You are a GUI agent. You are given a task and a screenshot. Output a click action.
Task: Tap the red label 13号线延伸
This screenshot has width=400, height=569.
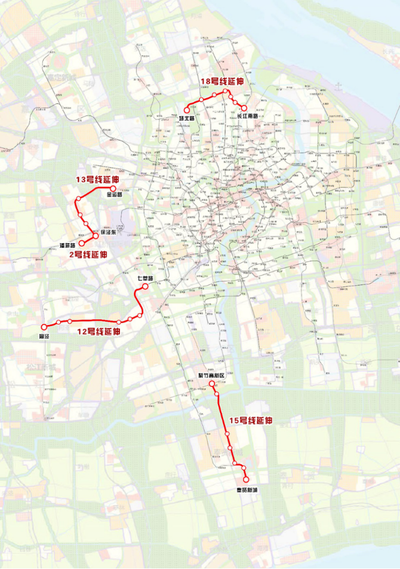coord(97,179)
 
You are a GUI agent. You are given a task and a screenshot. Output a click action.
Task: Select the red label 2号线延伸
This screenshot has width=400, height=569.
coord(88,255)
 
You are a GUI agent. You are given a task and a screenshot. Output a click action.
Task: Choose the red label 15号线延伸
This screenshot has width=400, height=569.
coord(251,421)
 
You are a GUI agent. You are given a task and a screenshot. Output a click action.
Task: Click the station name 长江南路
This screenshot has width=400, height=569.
coord(248,117)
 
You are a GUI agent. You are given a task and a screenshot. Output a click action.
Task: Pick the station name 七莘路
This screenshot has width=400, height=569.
coord(145,279)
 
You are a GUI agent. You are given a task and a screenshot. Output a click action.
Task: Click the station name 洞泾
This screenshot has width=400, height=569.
coord(43,337)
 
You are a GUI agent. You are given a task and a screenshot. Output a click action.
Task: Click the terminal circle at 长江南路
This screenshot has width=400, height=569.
coord(244,108)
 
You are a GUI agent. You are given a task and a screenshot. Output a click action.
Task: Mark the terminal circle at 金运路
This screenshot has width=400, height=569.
coord(113,188)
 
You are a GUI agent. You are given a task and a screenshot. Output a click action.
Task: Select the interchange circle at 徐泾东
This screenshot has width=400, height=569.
coord(95,235)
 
